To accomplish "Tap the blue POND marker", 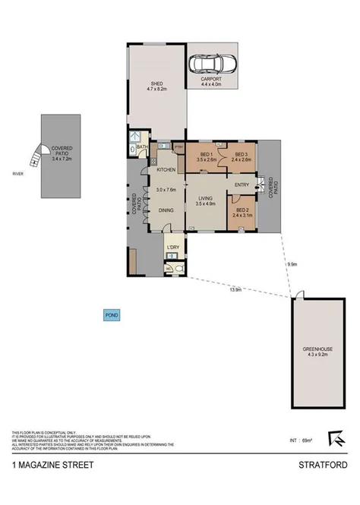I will [112, 314].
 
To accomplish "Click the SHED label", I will [156, 84].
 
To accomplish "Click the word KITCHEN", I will [166, 169].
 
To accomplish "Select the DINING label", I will [166, 210].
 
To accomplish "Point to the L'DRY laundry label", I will [172, 248].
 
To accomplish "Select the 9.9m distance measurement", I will [292, 264].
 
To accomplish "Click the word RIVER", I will [19, 174].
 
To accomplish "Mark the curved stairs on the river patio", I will [35, 157].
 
